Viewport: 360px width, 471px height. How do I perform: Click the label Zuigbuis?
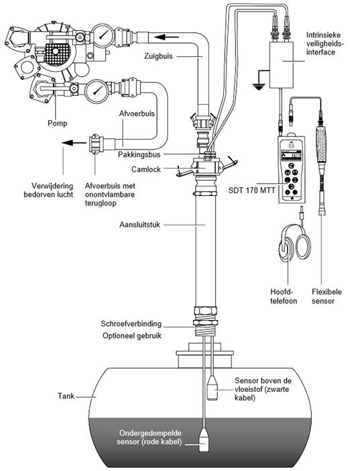(158, 56)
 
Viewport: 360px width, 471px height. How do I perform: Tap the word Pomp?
(58, 123)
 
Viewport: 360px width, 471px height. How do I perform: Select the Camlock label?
(146, 170)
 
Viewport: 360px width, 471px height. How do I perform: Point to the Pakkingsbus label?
(139, 155)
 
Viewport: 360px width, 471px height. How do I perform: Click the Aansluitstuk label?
(139, 225)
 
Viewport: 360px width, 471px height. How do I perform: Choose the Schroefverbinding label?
(131, 324)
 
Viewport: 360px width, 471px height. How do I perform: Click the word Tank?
(66, 396)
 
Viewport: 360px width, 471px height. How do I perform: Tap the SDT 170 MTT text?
(251, 191)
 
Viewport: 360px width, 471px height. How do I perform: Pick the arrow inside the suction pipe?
(166, 38)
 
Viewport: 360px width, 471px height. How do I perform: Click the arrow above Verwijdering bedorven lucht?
(74, 142)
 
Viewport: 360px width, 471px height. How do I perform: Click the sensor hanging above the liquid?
(213, 388)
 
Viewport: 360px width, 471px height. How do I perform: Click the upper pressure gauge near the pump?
(102, 36)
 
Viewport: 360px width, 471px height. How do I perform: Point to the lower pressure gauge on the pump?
(96, 91)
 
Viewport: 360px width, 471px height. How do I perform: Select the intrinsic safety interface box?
(282, 64)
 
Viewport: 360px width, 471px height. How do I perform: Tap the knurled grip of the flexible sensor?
(321, 144)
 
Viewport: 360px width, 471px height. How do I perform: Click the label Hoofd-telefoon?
(284, 297)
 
